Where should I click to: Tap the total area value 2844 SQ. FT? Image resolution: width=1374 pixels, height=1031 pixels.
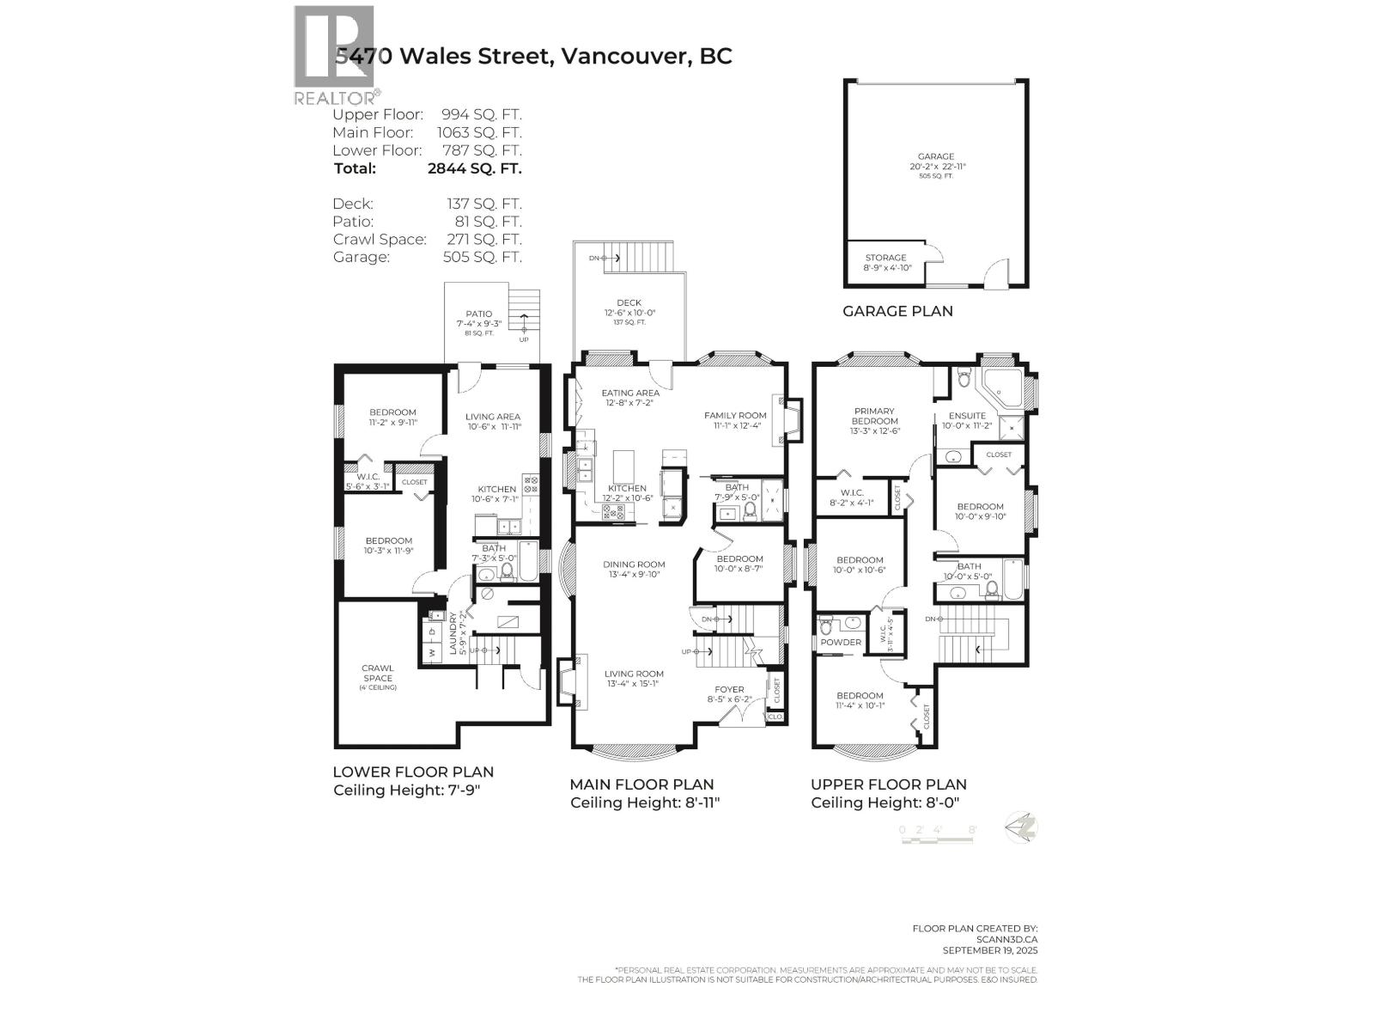pyautogui.click(x=474, y=168)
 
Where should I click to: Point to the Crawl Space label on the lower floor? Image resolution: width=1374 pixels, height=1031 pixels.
pyautogui.click(x=378, y=673)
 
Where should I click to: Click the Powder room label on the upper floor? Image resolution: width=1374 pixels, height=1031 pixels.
pyautogui.click(x=841, y=642)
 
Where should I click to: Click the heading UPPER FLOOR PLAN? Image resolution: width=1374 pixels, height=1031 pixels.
pyautogui.click(x=888, y=784)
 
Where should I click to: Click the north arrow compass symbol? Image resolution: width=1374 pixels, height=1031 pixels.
pyautogui.click(x=1022, y=828)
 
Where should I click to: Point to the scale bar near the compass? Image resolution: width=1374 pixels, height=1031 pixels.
pyautogui.click(x=937, y=833)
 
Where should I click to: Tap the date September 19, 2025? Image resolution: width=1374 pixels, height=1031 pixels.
pyautogui.click(x=989, y=950)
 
